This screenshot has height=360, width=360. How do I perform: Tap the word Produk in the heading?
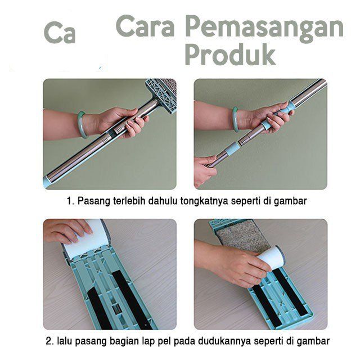[230, 55]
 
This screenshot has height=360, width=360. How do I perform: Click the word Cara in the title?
[145, 26]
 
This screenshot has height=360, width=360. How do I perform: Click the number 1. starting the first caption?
[70, 201]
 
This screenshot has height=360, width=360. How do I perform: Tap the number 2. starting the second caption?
[50, 341]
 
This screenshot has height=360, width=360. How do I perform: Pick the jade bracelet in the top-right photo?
[235, 119]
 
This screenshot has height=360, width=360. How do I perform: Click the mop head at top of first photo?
[161, 94]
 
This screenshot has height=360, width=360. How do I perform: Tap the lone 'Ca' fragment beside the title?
[60, 33]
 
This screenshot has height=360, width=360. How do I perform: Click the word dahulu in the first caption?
[163, 201]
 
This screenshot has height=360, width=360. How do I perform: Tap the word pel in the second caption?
[164, 341]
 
